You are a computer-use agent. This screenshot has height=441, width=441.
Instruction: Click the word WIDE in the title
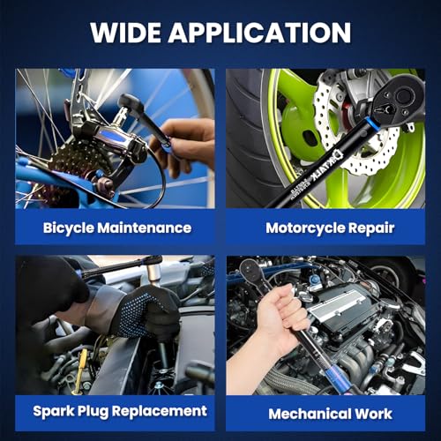click(125, 33)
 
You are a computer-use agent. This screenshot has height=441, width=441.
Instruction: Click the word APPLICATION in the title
click(259, 33)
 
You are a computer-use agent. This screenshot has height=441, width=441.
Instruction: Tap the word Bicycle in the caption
click(69, 228)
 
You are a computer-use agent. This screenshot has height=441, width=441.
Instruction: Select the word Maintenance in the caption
click(145, 228)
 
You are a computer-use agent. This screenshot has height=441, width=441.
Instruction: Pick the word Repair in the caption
click(371, 228)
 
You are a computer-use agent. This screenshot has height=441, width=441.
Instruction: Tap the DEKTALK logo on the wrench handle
click(325, 166)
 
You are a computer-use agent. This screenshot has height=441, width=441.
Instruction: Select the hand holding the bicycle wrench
click(183, 147)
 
